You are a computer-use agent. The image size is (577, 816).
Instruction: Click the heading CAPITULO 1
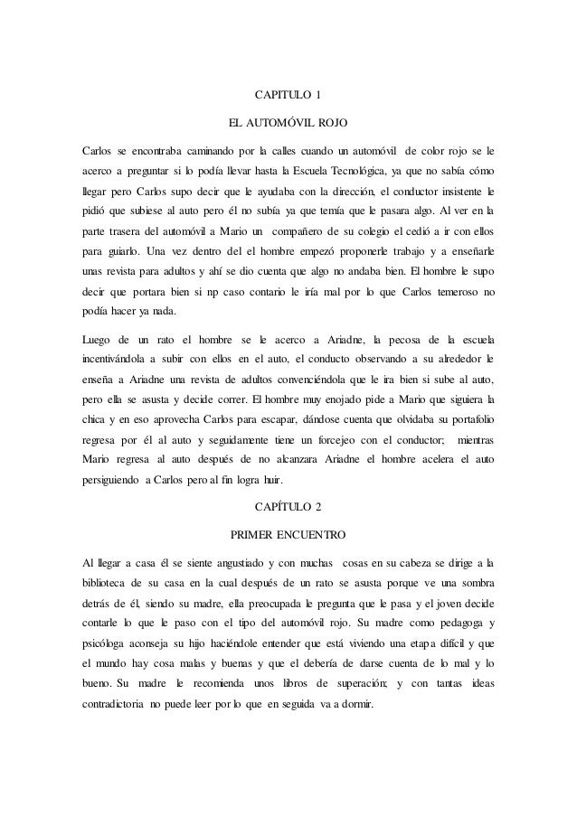click(x=287, y=94)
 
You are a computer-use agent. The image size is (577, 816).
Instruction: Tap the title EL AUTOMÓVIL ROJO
click(x=287, y=120)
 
